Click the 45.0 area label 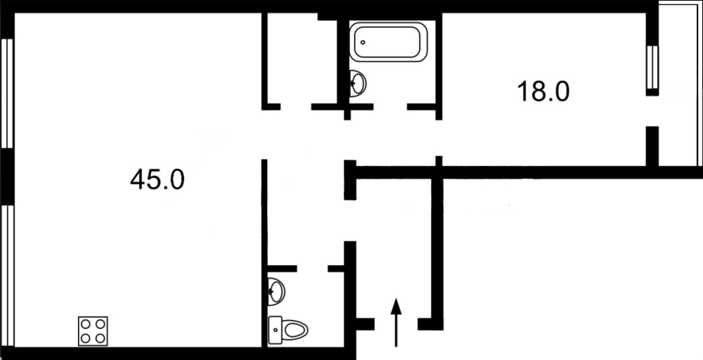[x=157, y=180]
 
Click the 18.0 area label [x=543, y=91]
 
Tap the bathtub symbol [x=388, y=41]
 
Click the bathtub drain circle [x=363, y=43]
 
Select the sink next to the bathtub [x=357, y=84]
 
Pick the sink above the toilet [x=276, y=291]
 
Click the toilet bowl [x=295, y=330]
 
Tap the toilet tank [x=275, y=330]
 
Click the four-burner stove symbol [x=93, y=331]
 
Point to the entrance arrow [x=395, y=322]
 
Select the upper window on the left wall [x=7, y=94]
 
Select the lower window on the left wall [x=7, y=276]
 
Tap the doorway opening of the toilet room [x=312, y=269]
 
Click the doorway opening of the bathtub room [x=390, y=107]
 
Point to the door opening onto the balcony [x=652, y=111]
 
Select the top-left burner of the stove [x=86, y=323]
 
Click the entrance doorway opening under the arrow [x=396, y=323]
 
